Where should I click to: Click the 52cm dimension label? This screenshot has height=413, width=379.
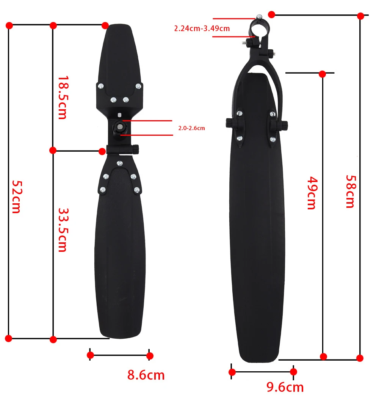pos(16,196)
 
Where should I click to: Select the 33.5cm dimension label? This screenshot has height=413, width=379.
pos(62,230)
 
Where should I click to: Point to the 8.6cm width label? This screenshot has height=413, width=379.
pos(146,375)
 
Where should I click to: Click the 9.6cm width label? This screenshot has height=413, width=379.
pos(285,387)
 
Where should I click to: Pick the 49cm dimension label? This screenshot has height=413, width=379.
pos(311,193)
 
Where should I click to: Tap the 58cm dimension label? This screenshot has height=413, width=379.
pos(349,191)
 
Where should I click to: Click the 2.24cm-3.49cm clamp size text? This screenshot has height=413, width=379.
pos(202,28)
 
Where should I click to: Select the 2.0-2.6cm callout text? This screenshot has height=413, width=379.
pos(191,128)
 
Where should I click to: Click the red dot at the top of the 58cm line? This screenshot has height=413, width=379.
pos(360,16)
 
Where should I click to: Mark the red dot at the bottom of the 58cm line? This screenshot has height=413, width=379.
pos(360,358)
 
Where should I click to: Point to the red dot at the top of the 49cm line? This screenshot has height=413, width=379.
pos(322,74)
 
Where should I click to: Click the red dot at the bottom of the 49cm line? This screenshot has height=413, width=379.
pos(323,356)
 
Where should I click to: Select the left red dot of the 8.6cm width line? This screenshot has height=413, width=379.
pos(90,355)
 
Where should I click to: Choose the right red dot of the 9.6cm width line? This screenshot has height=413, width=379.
pos(293,372)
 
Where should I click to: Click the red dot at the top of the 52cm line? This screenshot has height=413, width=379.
pos(9,25)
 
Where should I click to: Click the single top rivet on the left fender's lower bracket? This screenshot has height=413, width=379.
pos(120,163)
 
